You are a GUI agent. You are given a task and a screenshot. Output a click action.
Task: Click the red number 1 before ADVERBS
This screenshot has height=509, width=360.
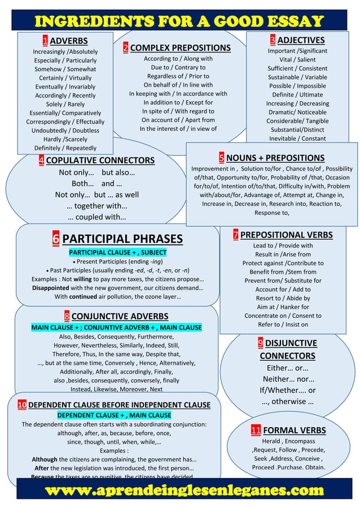tap(45, 41)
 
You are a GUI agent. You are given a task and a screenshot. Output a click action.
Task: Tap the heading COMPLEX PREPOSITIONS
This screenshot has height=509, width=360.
tap(180, 48)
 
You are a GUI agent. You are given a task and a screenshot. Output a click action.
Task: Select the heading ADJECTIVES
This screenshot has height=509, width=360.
tap(300, 40)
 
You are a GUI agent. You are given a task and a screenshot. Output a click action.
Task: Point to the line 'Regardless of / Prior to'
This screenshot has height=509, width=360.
tap(178, 76)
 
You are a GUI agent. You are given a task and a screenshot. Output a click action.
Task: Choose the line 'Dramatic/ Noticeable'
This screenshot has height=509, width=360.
tap(297, 112)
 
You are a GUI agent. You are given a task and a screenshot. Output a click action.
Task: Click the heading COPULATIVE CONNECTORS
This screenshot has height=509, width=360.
tap(100, 161)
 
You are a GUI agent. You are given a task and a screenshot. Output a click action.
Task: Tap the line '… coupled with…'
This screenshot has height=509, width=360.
tap(96, 217)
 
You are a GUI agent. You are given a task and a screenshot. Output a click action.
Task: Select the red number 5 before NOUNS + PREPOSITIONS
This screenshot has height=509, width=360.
tap(222, 158)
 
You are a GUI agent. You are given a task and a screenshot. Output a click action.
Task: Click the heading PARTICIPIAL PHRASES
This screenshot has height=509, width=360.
tap(122, 239)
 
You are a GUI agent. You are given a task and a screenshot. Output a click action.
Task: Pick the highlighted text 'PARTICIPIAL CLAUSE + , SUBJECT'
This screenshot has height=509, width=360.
tap(117, 252)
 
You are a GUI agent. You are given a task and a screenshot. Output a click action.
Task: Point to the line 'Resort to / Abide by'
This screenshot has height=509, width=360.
tap(282, 298)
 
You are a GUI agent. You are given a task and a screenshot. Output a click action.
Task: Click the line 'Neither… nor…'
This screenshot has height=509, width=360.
tap(288, 379)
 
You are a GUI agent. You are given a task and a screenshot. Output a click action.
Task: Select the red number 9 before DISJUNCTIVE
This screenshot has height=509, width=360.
tap(260, 343)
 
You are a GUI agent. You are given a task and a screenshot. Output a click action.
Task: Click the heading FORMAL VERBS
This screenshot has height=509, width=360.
tap(294, 431)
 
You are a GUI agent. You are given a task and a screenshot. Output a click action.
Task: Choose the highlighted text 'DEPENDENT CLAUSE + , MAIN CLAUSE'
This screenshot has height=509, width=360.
tap(114, 415)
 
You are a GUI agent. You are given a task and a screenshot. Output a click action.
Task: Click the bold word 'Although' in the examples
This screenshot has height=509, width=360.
tap(44, 459)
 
